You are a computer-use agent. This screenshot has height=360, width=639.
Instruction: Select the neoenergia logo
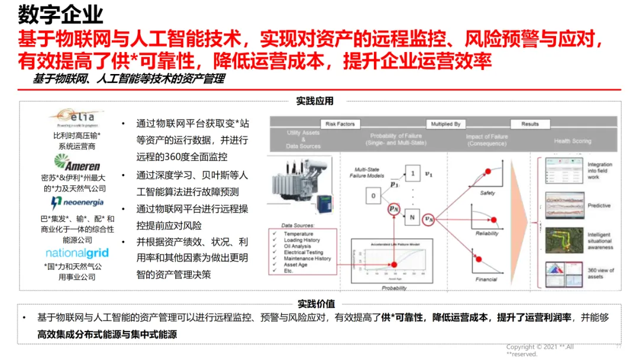76,204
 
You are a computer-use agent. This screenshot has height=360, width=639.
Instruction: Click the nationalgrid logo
77,253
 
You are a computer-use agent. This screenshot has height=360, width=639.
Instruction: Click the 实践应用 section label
315,101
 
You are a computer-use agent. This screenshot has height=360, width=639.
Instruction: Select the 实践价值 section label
315,303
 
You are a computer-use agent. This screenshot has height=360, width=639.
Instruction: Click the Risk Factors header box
340,124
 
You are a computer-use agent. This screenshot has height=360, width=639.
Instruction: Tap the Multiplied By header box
446,124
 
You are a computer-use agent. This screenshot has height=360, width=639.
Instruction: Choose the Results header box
530,124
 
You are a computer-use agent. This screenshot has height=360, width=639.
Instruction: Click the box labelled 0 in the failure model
373,195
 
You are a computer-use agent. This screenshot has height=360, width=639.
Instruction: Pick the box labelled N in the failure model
411,217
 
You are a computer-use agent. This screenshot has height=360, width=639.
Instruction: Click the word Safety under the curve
487,193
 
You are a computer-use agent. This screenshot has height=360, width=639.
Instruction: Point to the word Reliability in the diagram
487,233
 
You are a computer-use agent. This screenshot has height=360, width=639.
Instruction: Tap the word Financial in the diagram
487,279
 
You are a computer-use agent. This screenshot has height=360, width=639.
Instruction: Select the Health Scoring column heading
573,141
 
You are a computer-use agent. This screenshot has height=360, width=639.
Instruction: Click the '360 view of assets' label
601,273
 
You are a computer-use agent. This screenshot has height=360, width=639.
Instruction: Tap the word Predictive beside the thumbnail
599,205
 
